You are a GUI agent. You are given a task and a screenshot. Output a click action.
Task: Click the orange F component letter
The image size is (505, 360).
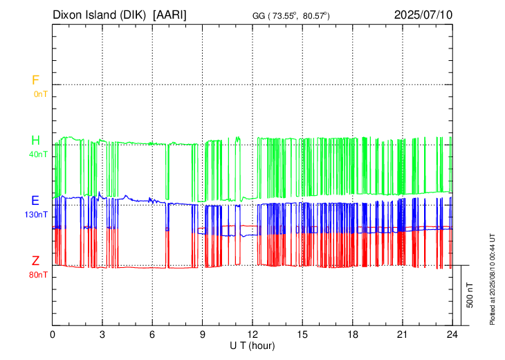[x=35, y=80]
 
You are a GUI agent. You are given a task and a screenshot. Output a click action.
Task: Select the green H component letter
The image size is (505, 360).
[x=35, y=141]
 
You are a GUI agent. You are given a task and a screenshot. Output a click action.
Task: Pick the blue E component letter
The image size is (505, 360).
[x=35, y=201]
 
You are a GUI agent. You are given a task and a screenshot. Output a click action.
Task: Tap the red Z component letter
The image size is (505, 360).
[x=35, y=261]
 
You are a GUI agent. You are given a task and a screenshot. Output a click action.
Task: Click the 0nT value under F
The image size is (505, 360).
[x=40, y=94]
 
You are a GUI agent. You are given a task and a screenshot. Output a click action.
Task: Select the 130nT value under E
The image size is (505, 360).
[x=36, y=215]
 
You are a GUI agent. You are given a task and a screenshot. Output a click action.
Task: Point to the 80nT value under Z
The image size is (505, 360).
[x=38, y=275]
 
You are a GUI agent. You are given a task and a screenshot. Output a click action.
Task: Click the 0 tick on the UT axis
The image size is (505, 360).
[x=53, y=334]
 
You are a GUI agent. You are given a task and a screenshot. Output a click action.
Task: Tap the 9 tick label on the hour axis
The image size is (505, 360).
[x=203, y=334]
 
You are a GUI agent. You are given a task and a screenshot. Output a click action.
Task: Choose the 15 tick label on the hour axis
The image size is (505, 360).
[x=302, y=334]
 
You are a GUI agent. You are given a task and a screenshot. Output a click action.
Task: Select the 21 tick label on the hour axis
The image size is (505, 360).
[x=402, y=334]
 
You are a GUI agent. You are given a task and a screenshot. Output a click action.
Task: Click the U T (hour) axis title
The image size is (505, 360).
[x=252, y=344]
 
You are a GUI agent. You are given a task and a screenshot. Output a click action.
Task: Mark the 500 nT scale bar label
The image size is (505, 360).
[x=470, y=295]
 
